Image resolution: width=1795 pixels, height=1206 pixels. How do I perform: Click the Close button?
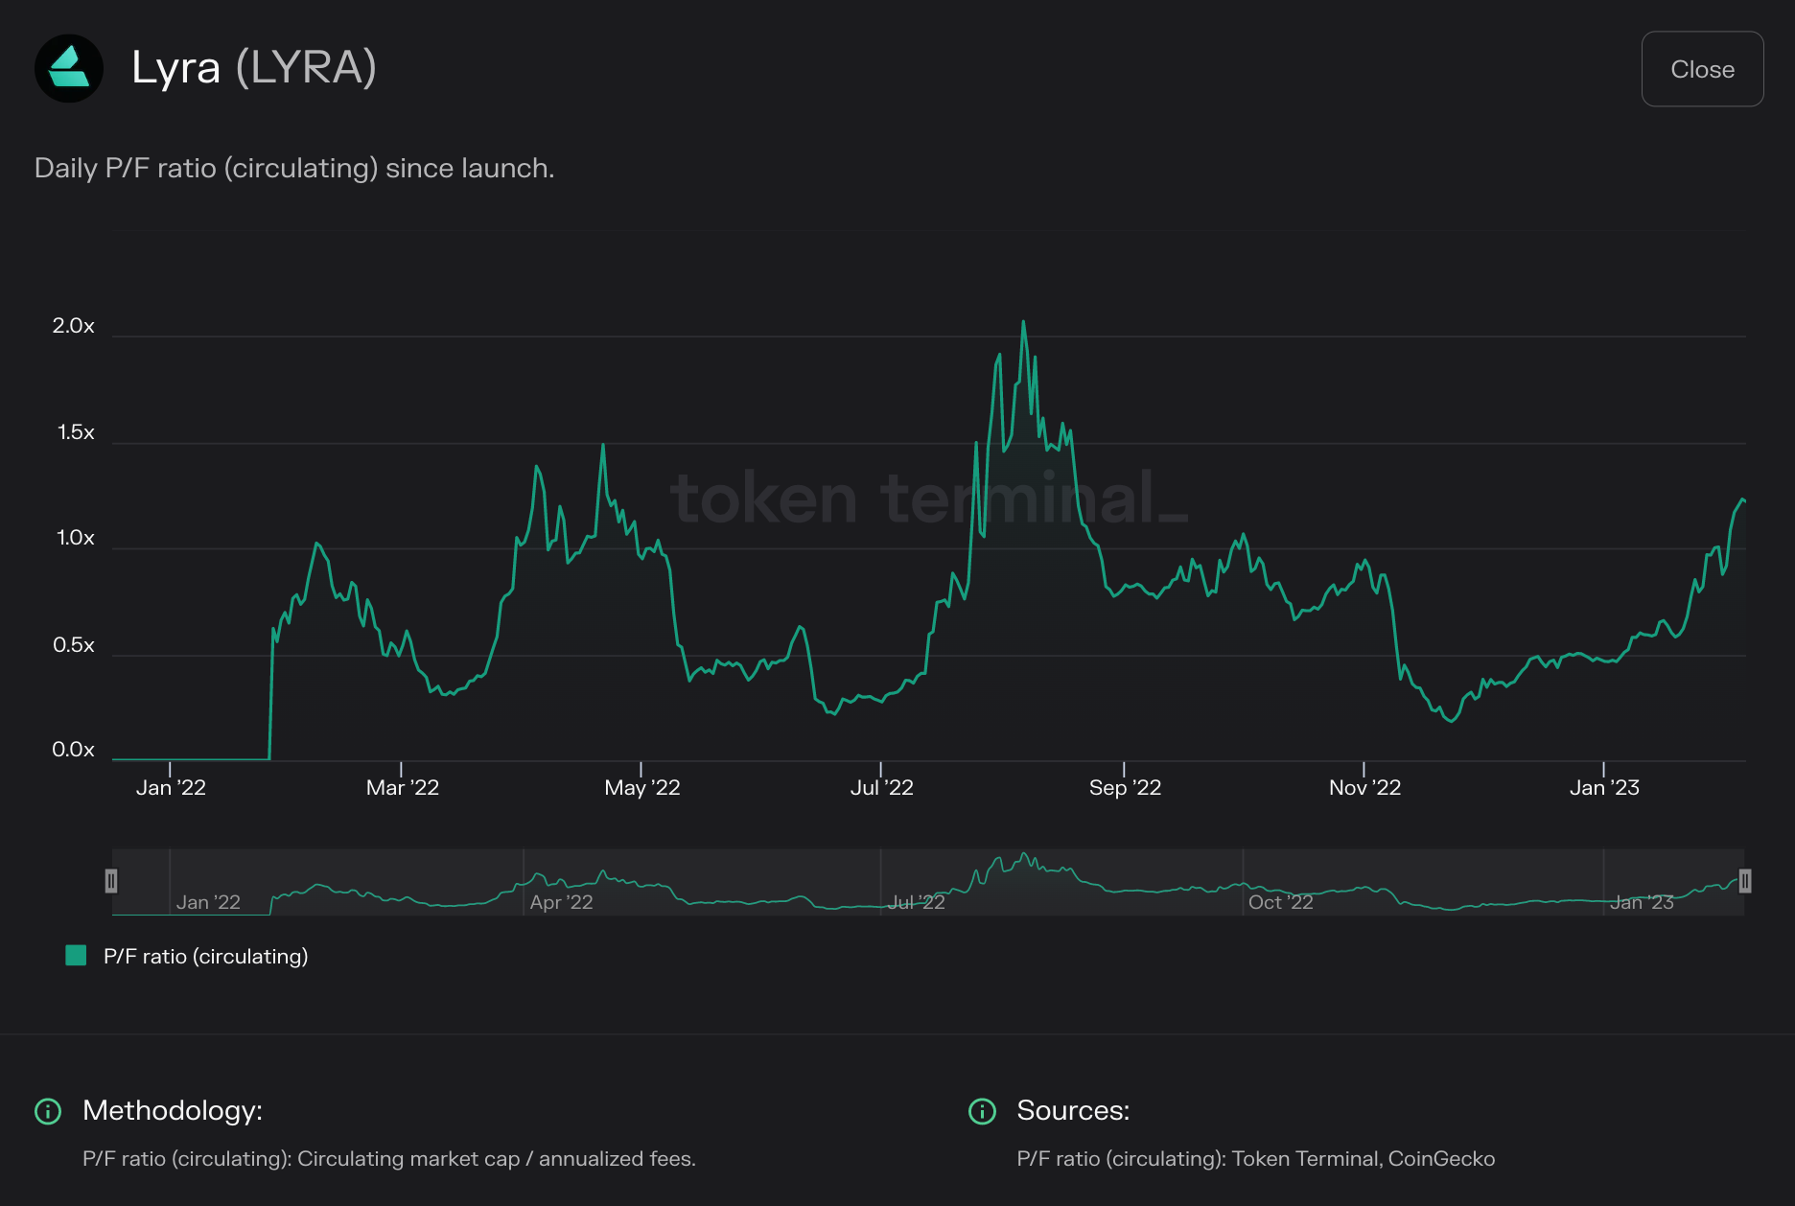click(1702, 69)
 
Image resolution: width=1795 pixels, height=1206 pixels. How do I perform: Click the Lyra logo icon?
click(69, 68)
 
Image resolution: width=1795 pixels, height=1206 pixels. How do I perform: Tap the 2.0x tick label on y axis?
click(74, 326)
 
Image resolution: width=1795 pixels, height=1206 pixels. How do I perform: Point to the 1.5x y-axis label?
click(76, 432)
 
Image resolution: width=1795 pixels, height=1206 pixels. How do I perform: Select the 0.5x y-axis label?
click(74, 645)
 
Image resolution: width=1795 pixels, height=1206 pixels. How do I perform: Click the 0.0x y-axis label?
click(74, 750)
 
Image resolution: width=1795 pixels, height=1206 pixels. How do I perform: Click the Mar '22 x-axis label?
click(402, 788)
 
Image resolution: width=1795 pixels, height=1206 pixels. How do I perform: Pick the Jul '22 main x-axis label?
click(881, 788)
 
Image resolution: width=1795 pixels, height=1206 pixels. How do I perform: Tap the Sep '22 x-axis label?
click(1125, 788)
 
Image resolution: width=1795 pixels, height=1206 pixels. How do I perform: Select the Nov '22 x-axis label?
click(1364, 788)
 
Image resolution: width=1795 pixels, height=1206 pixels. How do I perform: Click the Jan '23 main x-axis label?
click(1604, 788)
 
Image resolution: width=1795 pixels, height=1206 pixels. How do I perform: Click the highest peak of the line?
click(1023, 322)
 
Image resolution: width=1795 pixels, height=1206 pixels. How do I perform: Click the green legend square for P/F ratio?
click(76, 955)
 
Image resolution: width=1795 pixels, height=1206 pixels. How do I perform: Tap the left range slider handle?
click(111, 881)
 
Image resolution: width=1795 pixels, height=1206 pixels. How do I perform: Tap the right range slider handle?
click(1744, 881)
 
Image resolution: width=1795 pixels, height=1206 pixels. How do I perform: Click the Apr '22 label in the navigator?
click(561, 902)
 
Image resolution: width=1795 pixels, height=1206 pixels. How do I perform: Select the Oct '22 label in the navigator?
click(1280, 902)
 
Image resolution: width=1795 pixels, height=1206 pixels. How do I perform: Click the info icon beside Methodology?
click(48, 1111)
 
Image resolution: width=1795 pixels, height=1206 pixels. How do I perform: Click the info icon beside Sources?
click(982, 1111)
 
